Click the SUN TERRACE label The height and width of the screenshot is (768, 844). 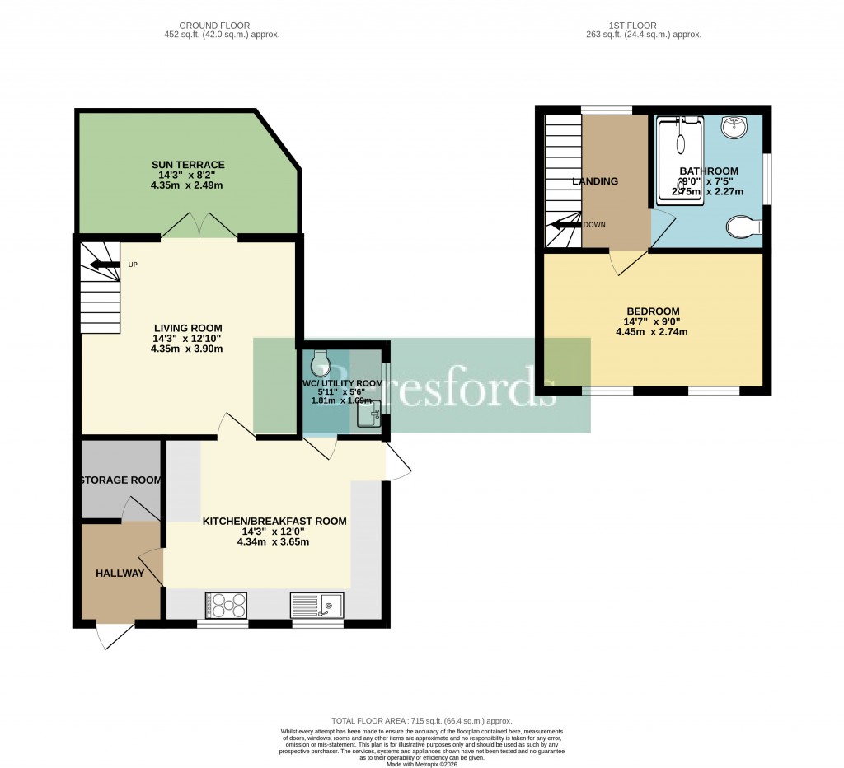coord(187,165)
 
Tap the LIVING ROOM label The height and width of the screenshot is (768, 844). coord(187,328)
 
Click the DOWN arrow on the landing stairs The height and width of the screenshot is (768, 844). coord(566,224)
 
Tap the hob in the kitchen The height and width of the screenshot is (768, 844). coord(226,606)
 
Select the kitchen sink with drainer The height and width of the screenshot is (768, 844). coord(317,606)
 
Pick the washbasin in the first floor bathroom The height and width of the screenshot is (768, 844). coord(734,128)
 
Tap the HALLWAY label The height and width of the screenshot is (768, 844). coord(120,574)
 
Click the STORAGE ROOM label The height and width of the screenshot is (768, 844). coord(121,480)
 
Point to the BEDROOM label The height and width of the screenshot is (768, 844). coord(651,311)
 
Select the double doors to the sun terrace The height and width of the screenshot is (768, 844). coord(199,226)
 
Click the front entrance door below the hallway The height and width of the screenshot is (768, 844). coord(114,635)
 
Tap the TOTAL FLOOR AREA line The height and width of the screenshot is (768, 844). coord(421,720)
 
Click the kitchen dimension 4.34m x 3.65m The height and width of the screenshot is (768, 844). coord(273,541)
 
